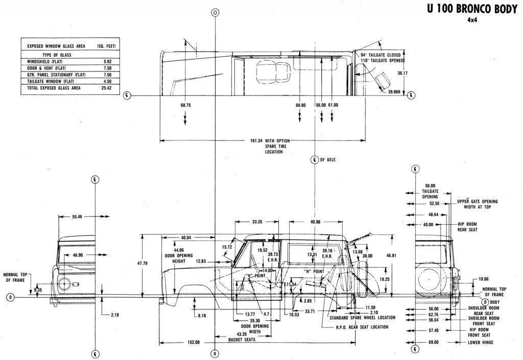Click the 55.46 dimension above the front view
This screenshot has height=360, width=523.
click(x=77, y=217)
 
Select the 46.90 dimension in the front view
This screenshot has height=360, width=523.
click(x=78, y=254)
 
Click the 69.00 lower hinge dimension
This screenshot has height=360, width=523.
click(x=434, y=342)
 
